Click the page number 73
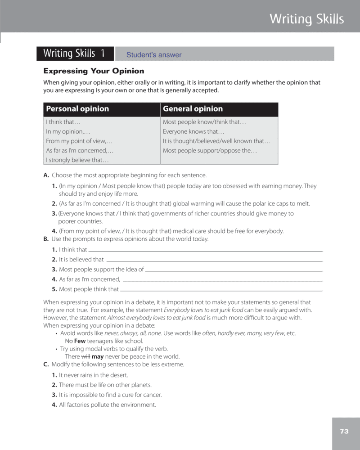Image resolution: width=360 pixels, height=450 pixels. point(344,432)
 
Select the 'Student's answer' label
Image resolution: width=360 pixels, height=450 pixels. point(154,55)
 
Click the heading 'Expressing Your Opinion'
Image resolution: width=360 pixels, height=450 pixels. point(94,71)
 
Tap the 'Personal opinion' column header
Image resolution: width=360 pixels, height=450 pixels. point(77,109)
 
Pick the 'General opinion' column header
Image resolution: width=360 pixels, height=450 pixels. point(193,109)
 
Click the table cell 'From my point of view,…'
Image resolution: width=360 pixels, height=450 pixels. point(79,141)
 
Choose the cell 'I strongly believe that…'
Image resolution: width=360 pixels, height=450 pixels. point(77,160)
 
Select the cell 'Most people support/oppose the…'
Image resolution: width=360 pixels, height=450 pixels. point(210,150)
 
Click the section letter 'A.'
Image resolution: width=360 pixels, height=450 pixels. point(46,175)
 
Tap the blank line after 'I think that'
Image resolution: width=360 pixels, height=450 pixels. point(205,250)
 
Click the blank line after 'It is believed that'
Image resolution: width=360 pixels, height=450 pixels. point(214,260)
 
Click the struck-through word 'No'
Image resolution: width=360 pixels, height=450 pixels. point(69,341)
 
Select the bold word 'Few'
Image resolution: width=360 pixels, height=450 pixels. point(80,341)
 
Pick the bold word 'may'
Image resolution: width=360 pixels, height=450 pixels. point(98,356)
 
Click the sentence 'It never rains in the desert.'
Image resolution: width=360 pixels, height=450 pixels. point(94,375)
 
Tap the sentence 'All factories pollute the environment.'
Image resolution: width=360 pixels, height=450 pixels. point(107,405)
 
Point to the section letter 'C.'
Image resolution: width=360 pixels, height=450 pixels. point(46,364)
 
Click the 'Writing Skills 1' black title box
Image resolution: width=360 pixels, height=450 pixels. point(75,54)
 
